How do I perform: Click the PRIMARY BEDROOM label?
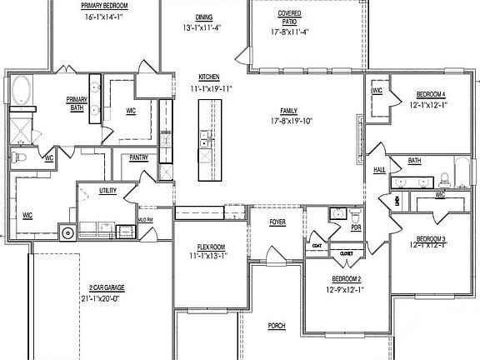[x=103, y=5]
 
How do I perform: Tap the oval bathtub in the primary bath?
[x=22, y=90]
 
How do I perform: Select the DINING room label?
[x=203, y=17]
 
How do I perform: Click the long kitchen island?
[x=205, y=139]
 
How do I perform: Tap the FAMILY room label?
[x=289, y=110]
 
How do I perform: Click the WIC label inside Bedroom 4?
[x=377, y=91]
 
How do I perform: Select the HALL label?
[x=379, y=168]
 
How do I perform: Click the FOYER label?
[x=277, y=222]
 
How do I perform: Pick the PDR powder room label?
[x=356, y=227]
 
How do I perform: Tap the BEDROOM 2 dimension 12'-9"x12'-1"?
[x=347, y=289]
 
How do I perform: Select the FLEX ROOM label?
[x=211, y=247]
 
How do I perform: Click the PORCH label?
[x=277, y=326]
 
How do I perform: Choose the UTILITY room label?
[x=107, y=191]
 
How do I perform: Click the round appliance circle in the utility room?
[x=66, y=232]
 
